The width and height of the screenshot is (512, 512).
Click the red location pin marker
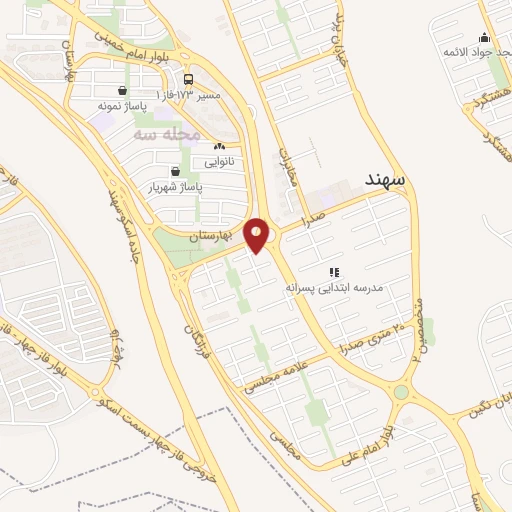click(x=257, y=235)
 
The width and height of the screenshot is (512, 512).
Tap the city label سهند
click(x=384, y=179)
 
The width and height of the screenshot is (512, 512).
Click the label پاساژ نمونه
click(x=122, y=104)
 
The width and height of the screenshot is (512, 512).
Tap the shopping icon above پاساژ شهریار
click(x=176, y=171)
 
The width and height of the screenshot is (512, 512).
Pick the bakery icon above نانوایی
click(x=219, y=146)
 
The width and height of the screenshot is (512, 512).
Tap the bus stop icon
click(x=189, y=78)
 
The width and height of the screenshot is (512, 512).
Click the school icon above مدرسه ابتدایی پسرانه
click(x=335, y=271)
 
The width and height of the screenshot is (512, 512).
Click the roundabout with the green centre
click(x=402, y=393)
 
